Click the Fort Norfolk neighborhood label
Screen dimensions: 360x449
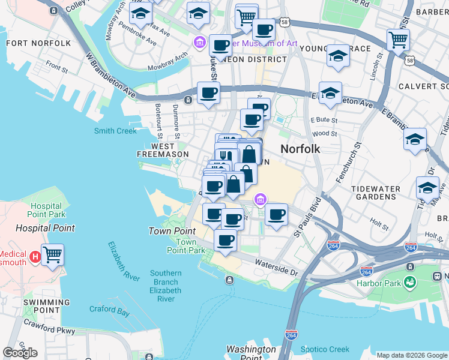[38, 43]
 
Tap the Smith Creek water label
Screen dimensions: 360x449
[115, 131]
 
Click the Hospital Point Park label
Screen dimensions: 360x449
[46, 209]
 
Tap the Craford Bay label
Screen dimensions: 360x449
[109, 312]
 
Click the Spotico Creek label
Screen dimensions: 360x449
[325, 349]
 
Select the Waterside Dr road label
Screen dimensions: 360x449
[276, 268]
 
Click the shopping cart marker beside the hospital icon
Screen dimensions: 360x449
[52, 255]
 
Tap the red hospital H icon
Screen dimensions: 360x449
[35, 257]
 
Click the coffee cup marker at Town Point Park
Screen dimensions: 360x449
[225, 241]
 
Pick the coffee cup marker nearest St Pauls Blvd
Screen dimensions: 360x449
[276, 215]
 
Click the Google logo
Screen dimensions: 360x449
[20, 353]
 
